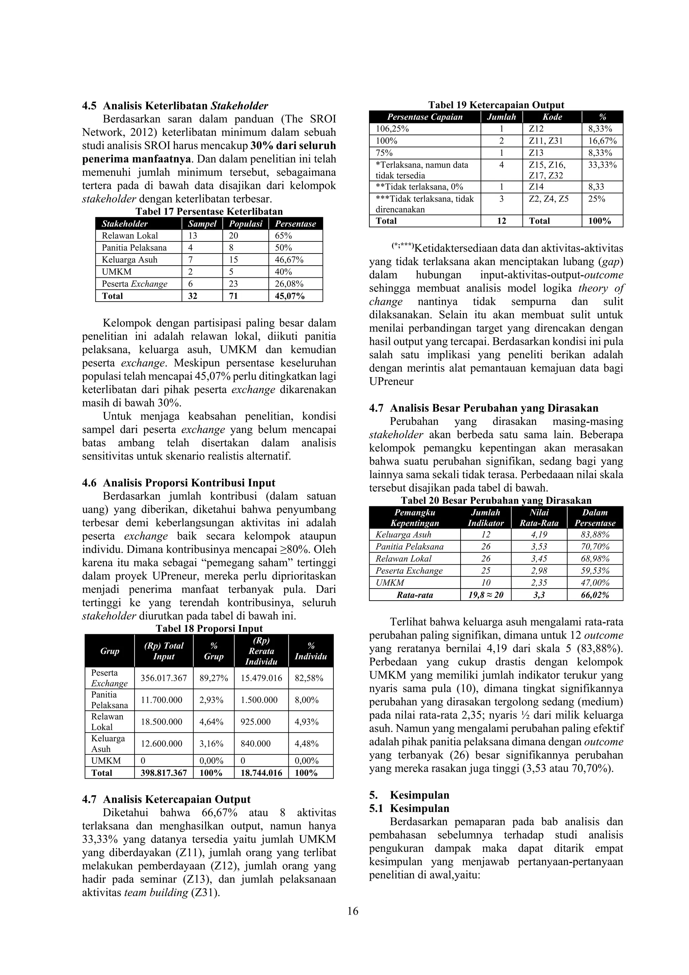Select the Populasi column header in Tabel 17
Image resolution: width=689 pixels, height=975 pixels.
pyautogui.click(x=246, y=224)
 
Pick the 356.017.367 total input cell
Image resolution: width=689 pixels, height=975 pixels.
pyautogui.click(x=164, y=678)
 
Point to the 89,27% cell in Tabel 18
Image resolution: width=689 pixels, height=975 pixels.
pyautogui.click(x=213, y=678)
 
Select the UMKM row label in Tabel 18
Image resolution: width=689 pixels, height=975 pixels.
pyautogui.click(x=106, y=761)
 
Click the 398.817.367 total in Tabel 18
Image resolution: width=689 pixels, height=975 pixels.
pyautogui.click(x=164, y=773)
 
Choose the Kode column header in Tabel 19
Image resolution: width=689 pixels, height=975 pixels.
pyautogui.click(x=552, y=117)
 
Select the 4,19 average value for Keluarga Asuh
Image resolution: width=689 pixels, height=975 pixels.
pyautogui.click(x=539, y=535)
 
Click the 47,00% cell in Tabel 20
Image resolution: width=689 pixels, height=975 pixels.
pyautogui.click(x=595, y=583)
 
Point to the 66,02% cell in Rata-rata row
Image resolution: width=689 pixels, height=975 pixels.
pyautogui.click(x=595, y=595)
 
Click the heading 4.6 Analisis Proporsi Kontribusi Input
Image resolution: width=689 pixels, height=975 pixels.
pyautogui.click(x=178, y=483)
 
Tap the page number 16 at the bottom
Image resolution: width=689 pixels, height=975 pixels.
pyautogui.click(x=353, y=911)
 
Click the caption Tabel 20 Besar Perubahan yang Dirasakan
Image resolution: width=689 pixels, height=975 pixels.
pyautogui.click(x=496, y=501)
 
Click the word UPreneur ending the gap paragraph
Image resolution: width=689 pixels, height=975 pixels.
pyautogui.click(x=391, y=381)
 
